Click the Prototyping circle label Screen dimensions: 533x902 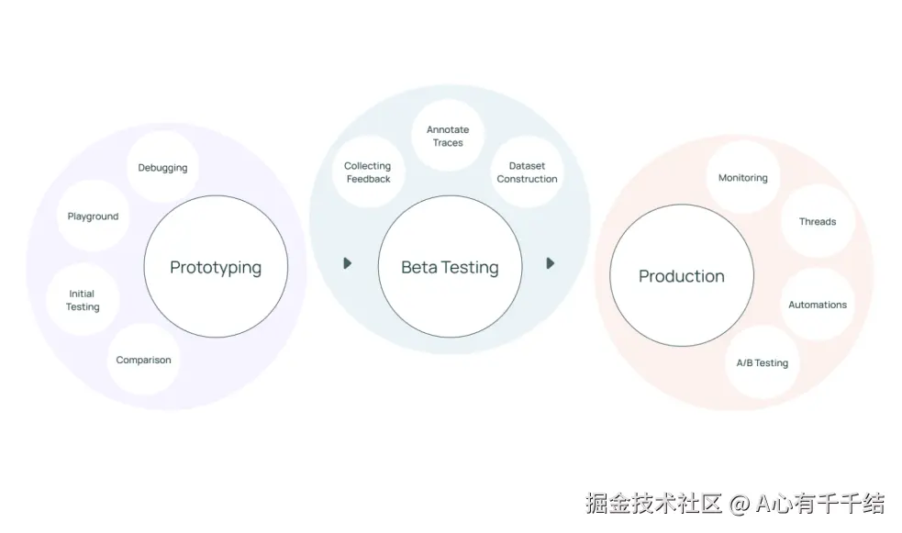216,268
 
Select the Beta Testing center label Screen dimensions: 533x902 450,268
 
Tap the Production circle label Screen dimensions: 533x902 682,276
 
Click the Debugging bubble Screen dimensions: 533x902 162,168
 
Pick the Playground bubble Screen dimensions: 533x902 93,217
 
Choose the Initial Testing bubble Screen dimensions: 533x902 83,301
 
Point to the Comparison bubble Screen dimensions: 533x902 143,360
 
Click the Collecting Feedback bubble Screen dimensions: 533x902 368,172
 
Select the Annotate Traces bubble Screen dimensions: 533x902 448,136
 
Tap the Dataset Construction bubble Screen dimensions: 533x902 527,172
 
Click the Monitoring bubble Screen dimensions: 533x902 742,178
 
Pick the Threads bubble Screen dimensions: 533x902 817,222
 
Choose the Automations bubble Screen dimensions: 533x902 817,305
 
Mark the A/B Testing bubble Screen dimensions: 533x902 762,363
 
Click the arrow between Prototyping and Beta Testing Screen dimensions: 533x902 348,263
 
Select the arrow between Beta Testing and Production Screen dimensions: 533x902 550,263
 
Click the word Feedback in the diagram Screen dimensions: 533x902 368,179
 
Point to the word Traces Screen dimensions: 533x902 448,143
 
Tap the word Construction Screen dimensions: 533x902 527,179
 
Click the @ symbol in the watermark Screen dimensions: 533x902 740,504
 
